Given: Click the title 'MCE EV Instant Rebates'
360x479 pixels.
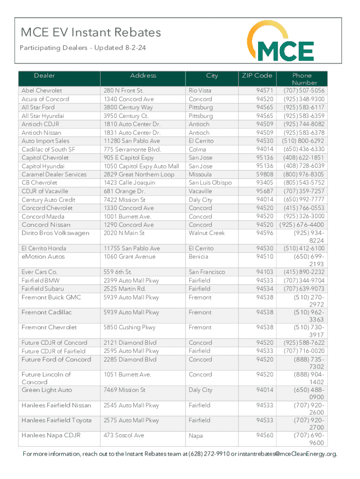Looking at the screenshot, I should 91,32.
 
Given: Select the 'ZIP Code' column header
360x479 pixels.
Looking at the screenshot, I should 257,75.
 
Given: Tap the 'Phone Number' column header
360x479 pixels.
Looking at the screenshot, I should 302,79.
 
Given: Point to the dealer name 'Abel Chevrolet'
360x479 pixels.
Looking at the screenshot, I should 42,90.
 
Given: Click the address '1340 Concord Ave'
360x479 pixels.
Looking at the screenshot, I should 129,99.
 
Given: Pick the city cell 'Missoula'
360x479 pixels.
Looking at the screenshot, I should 200,174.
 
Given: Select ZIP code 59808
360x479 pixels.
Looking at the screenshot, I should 265,174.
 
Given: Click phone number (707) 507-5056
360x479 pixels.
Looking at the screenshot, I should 304,90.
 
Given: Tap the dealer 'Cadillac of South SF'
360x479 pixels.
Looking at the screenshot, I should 48,149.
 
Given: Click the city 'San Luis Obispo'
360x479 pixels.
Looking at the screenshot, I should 210,183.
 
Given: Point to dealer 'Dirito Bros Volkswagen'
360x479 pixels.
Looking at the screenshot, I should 55,233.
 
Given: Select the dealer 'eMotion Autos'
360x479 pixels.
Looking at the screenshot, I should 43,257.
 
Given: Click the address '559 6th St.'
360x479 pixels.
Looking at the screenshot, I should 118,272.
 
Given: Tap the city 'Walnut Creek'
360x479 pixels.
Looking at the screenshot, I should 207,233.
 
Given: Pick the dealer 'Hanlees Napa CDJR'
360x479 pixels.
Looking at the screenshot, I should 51,435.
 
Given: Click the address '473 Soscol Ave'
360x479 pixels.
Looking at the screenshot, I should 124,435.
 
